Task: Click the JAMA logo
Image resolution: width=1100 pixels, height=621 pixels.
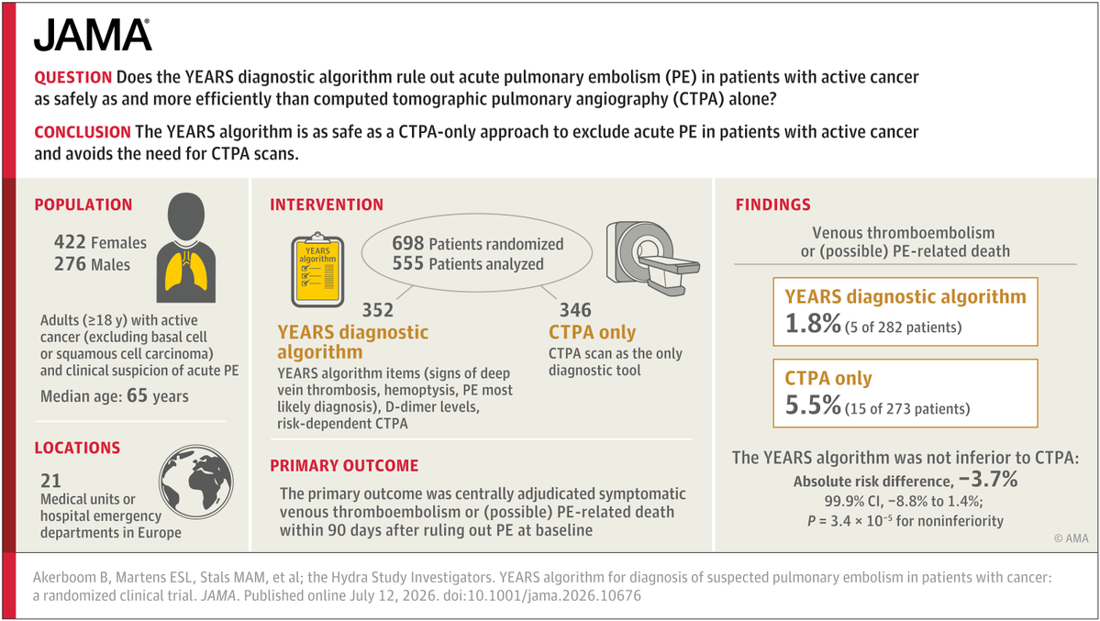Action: tap(93, 35)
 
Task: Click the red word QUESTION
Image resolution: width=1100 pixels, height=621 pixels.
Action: tap(73, 77)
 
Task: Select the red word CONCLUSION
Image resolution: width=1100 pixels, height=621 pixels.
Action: tap(82, 132)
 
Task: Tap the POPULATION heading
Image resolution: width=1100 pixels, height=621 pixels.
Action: tap(83, 205)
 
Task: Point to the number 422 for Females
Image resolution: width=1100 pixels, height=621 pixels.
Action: tap(70, 242)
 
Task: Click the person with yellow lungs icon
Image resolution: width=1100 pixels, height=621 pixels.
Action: tap(186, 247)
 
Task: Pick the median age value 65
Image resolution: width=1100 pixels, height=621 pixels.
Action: tap(137, 395)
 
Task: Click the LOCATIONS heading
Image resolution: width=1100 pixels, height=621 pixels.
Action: tap(77, 448)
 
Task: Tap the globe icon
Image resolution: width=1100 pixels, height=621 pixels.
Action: tap(195, 482)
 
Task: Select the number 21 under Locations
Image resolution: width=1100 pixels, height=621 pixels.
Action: tap(50, 481)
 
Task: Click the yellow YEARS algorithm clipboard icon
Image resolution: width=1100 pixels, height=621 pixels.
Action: tap(317, 271)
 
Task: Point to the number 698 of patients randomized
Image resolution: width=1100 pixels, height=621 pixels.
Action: tap(407, 243)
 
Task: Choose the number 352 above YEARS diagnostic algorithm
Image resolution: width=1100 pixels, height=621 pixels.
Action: tap(377, 310)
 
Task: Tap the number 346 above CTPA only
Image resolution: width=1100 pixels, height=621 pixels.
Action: tap(575, 310)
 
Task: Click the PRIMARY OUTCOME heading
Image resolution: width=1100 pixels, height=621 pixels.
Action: tap(344, 466)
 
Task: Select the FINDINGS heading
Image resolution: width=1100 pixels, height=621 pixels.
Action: tap(772, 205)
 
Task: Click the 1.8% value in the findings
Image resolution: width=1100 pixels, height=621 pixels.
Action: tap(812, 324)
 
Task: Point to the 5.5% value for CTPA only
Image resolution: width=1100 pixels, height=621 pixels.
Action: tap(812, 405)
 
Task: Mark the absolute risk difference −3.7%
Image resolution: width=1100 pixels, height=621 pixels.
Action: tap(988, 479)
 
